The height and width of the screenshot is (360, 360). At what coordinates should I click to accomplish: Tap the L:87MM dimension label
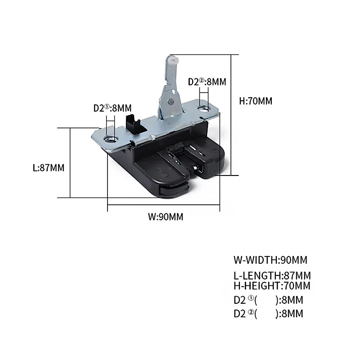coord(49,168)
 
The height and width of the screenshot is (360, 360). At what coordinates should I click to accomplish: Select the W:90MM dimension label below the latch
coord(165,217)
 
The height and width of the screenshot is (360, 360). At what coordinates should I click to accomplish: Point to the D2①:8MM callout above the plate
coord(112,108)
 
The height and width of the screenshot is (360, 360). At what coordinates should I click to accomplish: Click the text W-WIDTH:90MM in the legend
coord(270,260)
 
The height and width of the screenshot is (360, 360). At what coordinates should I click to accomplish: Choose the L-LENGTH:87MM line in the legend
coord(272,275)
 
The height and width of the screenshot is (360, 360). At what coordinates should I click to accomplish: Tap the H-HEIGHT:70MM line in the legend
coord(272,285)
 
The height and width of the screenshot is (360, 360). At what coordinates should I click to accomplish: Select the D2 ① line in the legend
coord(268,300)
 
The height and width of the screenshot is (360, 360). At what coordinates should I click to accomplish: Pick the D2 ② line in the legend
coord(268,314)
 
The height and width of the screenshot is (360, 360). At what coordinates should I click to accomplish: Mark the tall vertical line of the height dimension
coord(231,115)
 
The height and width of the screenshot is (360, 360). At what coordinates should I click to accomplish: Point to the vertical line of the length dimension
coord(71,162)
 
